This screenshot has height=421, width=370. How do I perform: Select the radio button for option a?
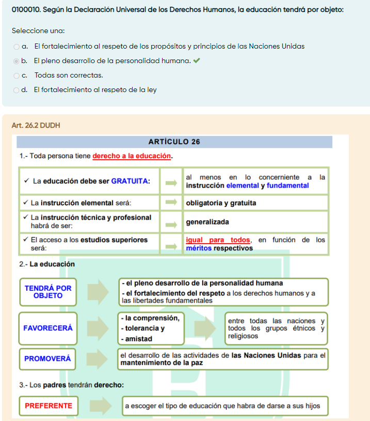point(17,47)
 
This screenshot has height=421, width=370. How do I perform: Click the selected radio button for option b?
point(17,61)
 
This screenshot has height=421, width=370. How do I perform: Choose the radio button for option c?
point(17,76)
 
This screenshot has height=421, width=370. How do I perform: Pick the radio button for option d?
point(17,90)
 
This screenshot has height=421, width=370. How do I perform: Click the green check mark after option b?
point(196,61)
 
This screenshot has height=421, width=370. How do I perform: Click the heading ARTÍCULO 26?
point(174,142)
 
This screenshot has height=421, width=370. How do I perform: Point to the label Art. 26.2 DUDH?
point(36,125)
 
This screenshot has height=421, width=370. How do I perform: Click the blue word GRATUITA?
point(130,181)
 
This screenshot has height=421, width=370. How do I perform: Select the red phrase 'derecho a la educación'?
point(132,156)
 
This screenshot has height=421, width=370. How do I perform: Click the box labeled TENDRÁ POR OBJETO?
point(48,292)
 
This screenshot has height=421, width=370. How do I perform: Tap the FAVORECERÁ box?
point(48,328)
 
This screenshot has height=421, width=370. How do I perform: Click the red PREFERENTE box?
point(49,405)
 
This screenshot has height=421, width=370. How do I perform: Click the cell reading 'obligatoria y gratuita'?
point(221,203)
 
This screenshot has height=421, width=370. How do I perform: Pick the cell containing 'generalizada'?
point(207,222)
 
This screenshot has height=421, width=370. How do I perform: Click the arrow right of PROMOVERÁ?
point(98,358)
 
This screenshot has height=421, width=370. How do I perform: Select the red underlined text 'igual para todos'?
point(218,240)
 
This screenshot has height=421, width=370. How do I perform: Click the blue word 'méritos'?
point(199,248)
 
